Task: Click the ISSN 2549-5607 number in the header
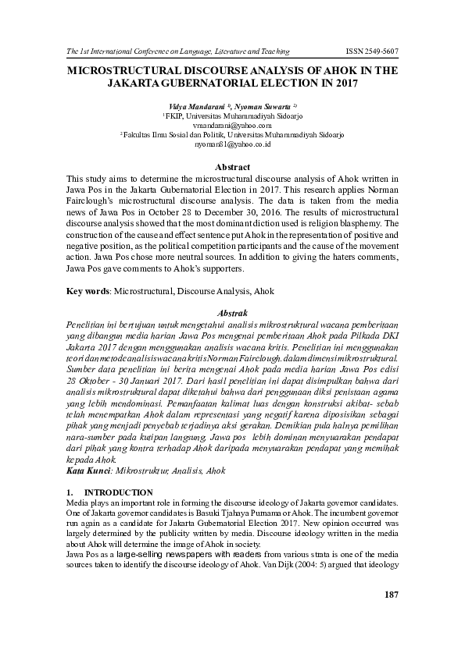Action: pos(371,51)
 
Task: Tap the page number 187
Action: pos(392,595)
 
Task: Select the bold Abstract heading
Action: pos(232,167)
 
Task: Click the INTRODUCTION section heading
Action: pos(119,492)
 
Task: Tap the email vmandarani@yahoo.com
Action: pos(232,125)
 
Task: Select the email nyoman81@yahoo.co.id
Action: pos(232,144)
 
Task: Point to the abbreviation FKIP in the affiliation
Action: pos(163,115)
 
